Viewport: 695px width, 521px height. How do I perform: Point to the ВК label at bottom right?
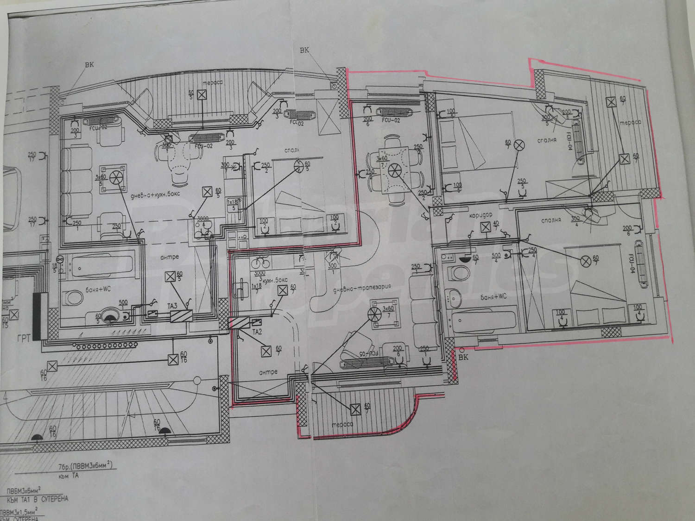tap(463, 358)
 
